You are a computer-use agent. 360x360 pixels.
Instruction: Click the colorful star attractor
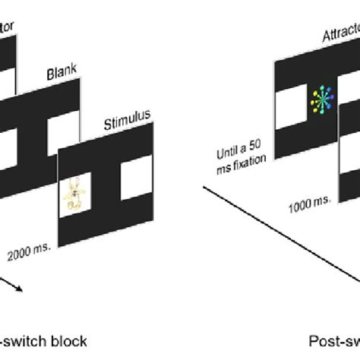(x=324, y=100)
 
